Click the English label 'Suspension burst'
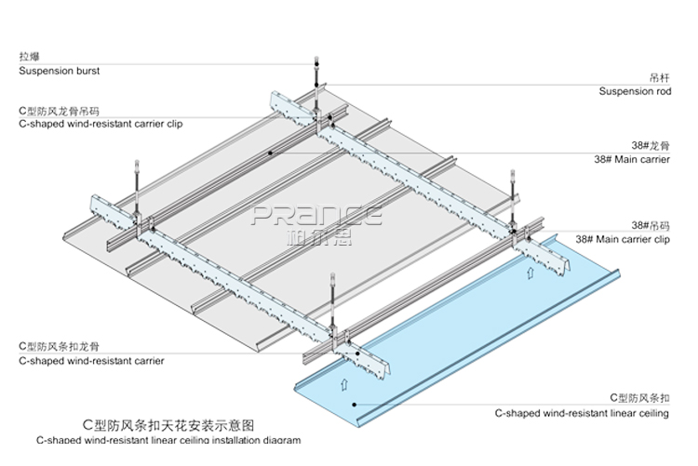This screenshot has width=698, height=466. (x=59, y=71)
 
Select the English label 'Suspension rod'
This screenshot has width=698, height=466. (x=635, y=91)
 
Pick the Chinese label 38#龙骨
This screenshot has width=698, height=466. (x=651, y=146)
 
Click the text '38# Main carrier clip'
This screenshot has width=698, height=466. (x=623, y=239)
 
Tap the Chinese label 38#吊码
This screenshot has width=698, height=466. (x=651, y=225)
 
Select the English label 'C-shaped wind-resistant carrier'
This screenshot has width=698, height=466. (x=91, y=361)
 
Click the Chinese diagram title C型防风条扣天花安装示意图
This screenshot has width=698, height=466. (x=168, y=423)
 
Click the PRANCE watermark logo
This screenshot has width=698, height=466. (x=317, y=216)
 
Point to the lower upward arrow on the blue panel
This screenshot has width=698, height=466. (x=342, y=382)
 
